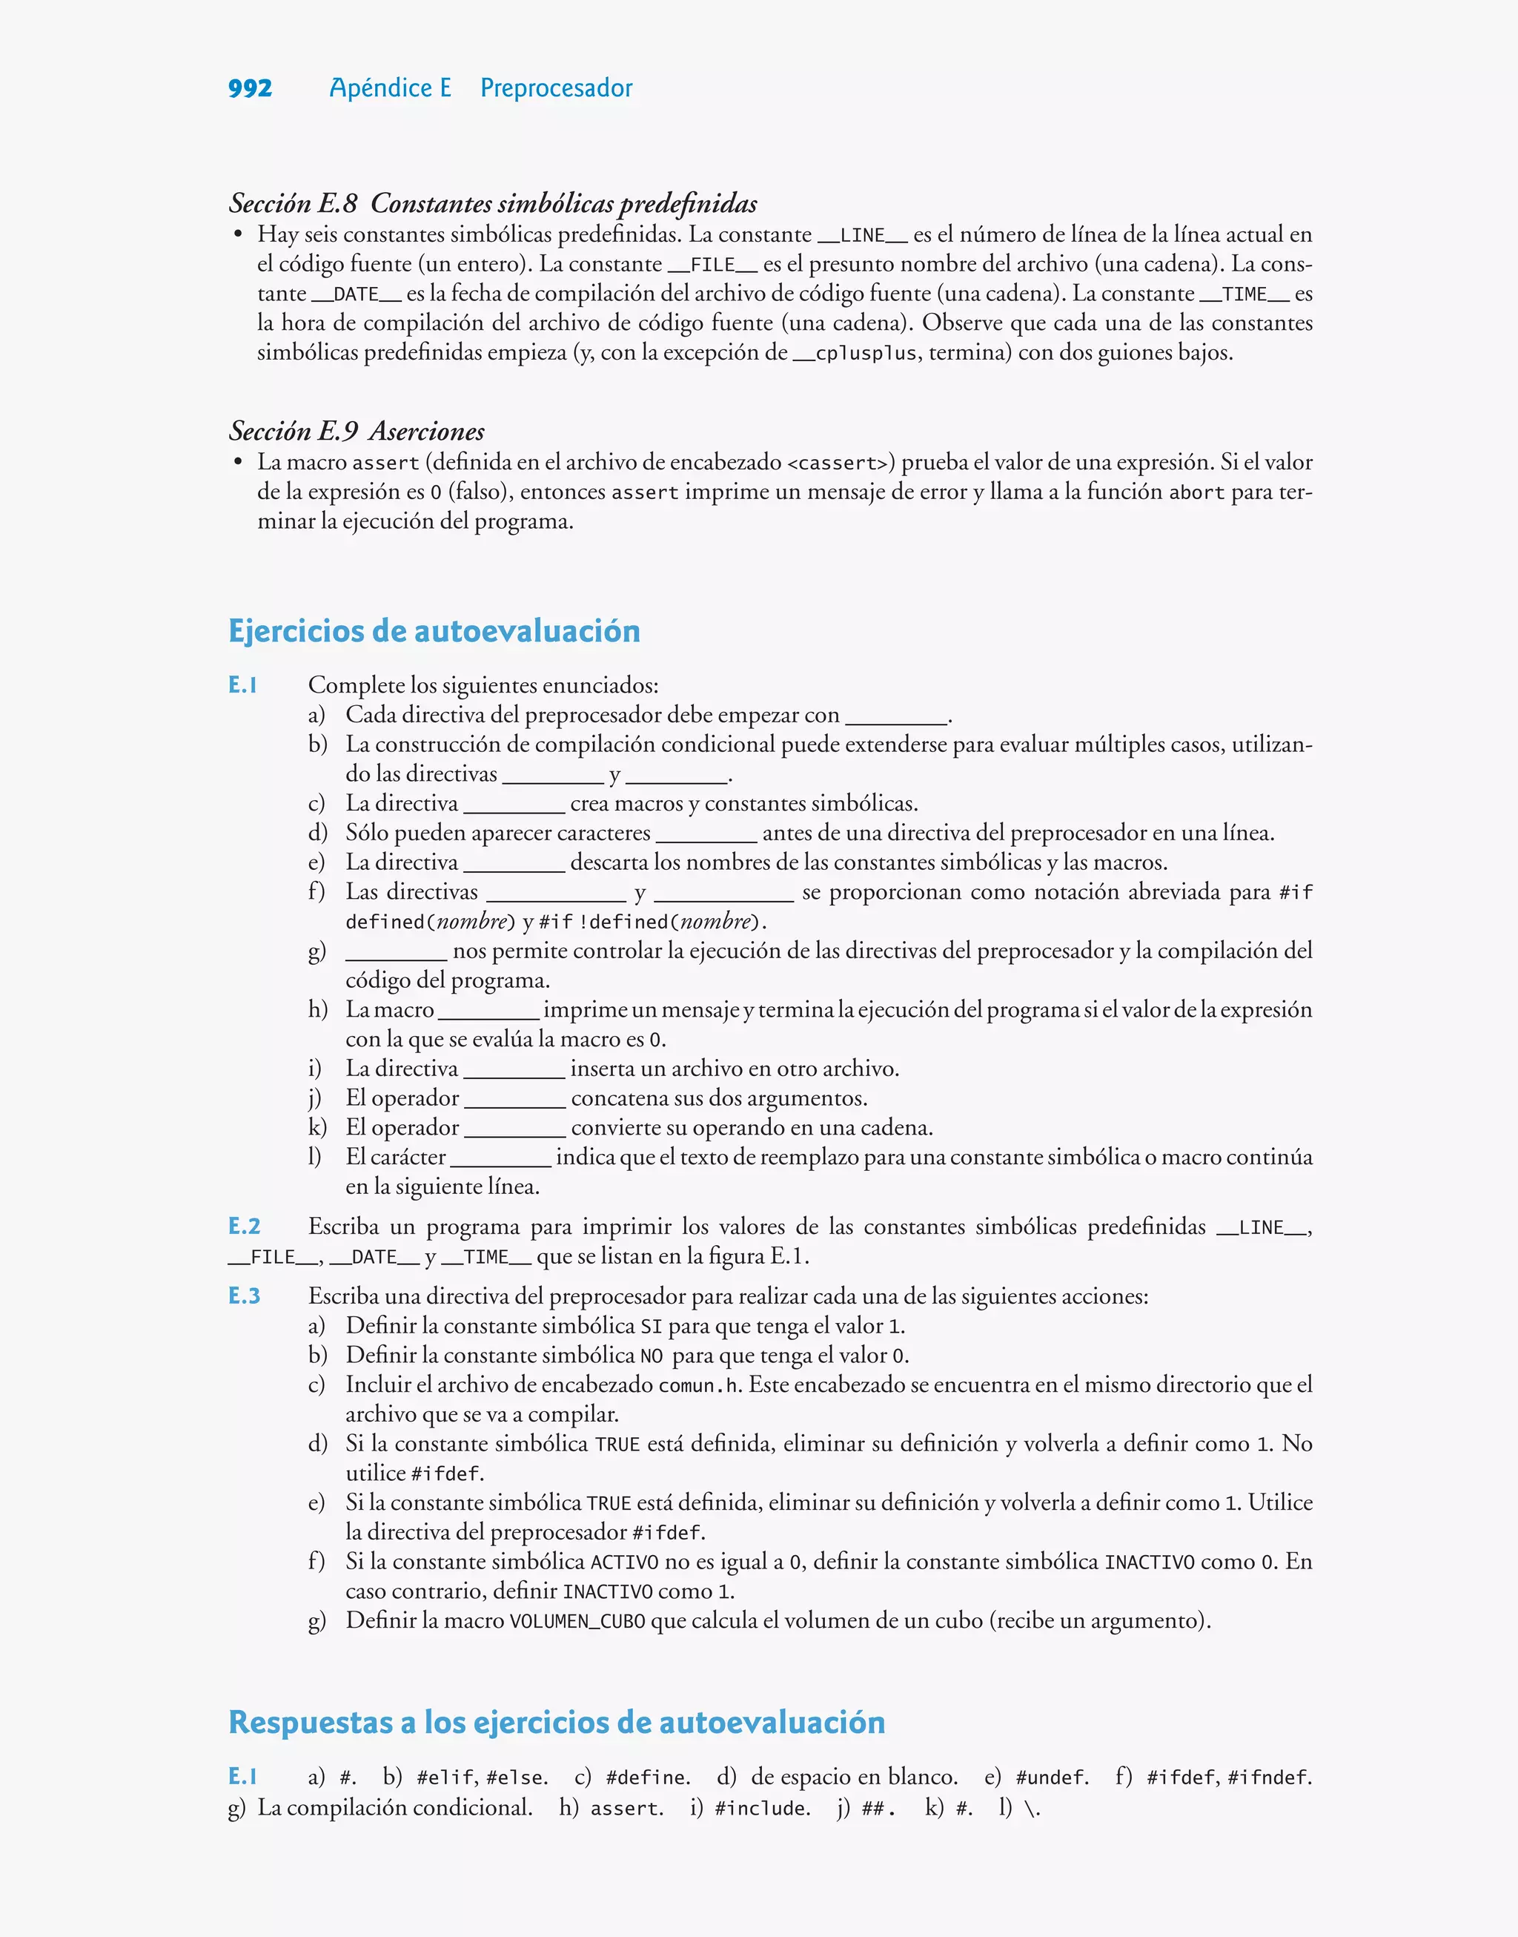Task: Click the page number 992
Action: click(x=250, y=88)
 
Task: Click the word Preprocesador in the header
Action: click(x=557, y=88)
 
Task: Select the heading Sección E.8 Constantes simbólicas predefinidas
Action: click(x=493, y=204)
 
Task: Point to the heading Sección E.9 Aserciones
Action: click(x=357, y=431)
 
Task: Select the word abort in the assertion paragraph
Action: click(x=1196, y=492)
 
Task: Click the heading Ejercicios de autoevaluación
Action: click(x=434, y=631)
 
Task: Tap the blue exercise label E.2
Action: click(x=245, y=1227)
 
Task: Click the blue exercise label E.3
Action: click(x=245, y=1296)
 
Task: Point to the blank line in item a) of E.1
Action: click(x=897, y=721)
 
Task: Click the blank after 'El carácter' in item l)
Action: click(x=500, y=1163)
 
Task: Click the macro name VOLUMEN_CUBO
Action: click(x=577, y=1621)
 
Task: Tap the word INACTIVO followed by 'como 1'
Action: click(x=608, y=1591)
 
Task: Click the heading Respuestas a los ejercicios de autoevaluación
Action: click(x=557, y=1722)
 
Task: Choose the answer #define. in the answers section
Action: click(x=648, y=1778)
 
